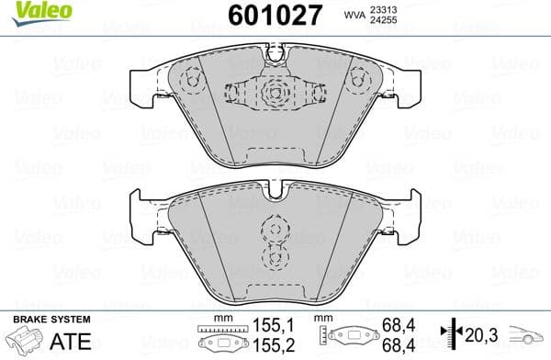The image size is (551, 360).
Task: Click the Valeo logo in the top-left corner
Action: tap(32, 11)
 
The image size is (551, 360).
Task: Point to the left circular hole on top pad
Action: tap(191, 80)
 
